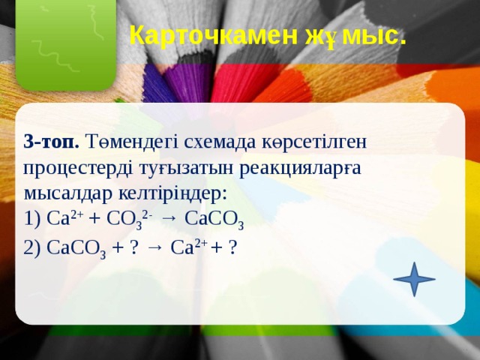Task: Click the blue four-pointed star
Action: (413, 279)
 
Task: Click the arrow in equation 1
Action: (169, 219)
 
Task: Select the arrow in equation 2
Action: (155, 247)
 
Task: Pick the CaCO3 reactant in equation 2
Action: (76, 248)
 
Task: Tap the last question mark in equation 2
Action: (234, 247)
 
